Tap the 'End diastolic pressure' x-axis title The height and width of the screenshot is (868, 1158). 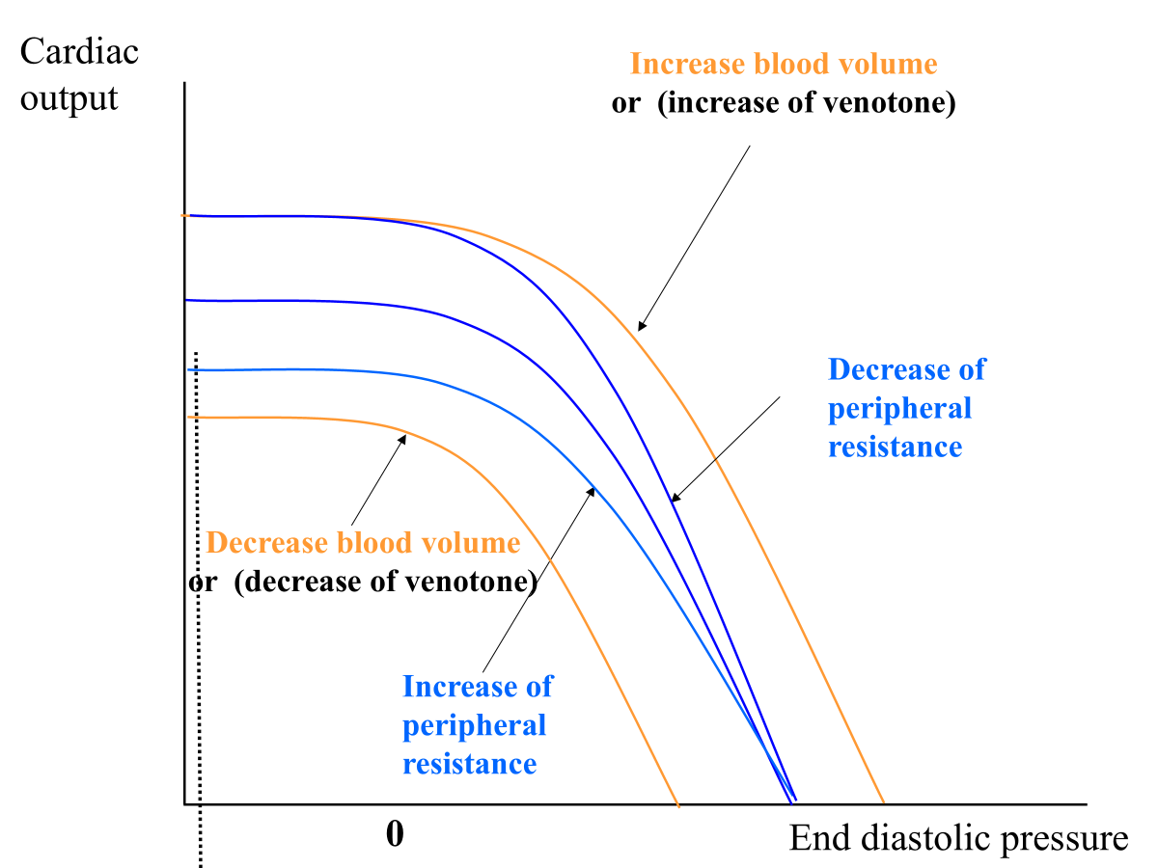(x=958, y=838)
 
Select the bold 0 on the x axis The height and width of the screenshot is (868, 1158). (x=394, y=834)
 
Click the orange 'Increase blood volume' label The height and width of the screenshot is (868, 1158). (x=783, y=65)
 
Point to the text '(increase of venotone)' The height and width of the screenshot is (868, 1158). (x=806, y=102)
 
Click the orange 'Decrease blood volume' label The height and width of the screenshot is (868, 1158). (x=363, y=543)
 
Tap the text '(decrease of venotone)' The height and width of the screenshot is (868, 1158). (x=385, y=582)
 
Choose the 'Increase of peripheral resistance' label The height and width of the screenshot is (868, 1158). (x=476, y=725)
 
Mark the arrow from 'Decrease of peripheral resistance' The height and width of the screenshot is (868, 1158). (x=725, y=448)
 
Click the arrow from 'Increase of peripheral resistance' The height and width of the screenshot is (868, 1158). (x=538, y=579)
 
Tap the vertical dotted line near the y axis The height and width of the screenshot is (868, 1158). (x=199, y=617)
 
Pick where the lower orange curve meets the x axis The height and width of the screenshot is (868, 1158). (x=677, y=802)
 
